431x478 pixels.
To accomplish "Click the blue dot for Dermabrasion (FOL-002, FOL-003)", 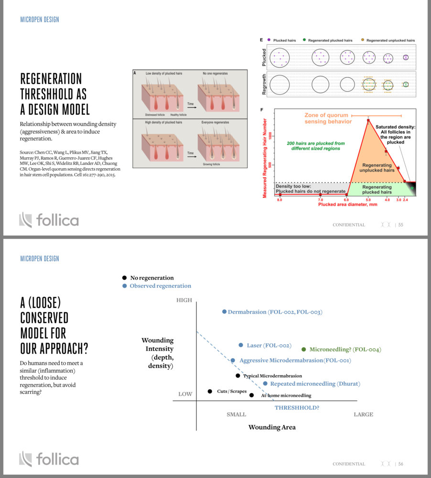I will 224,312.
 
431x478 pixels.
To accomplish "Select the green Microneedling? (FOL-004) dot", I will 304,349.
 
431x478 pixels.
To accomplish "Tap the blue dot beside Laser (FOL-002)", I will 241,345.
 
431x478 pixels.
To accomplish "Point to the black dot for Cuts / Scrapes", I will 210,391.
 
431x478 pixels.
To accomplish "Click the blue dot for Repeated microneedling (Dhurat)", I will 265,383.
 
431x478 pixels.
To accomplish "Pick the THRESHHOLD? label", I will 297,408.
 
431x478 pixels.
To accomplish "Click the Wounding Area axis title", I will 271,427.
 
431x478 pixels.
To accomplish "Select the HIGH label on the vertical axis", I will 184,300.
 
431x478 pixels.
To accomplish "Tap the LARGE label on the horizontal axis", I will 363,414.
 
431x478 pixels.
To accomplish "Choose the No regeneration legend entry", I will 152,278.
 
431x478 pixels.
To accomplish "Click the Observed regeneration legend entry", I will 160,286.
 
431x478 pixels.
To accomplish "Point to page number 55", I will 400,225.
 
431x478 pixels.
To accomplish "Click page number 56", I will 400,464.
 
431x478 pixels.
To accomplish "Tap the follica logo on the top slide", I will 49,220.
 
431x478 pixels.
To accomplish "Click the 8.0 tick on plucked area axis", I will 280,199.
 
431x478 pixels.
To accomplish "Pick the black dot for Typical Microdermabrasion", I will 238,376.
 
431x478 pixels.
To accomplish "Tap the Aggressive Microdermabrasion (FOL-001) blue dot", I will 233,360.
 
